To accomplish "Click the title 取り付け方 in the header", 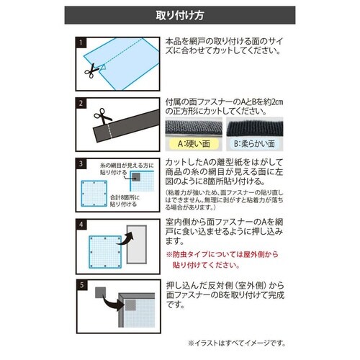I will tap(179, 15).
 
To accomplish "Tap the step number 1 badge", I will tap(81, 43).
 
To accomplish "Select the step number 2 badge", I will tap(81, 102).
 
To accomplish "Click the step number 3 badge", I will tap(81, 163).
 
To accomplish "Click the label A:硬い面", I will tap(193, 143).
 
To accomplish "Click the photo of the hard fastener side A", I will tap(193, 128).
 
